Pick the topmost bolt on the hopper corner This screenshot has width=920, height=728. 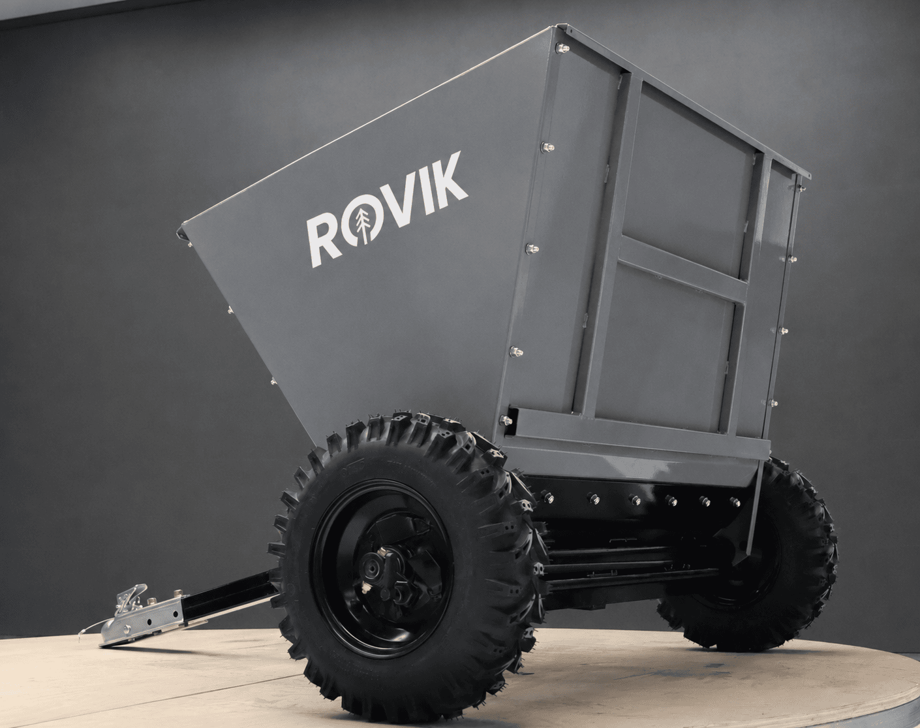coord(562,48)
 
